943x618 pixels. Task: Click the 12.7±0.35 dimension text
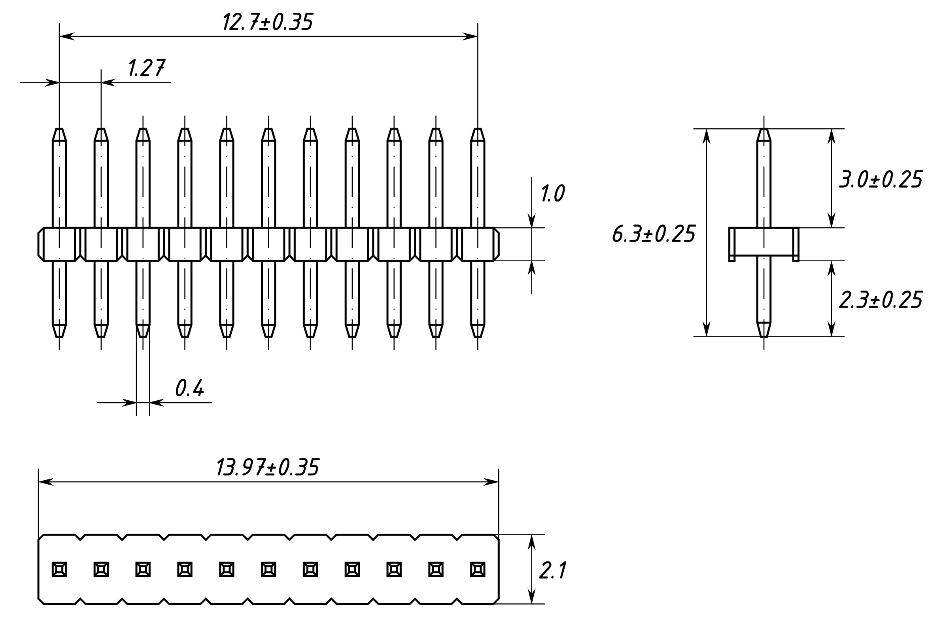pyautogui.click(x=267, y=22)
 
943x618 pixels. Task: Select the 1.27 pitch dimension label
pyautogui.click(x=147, y=68)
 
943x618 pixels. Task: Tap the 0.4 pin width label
pyautogui.click(x=189, y=388)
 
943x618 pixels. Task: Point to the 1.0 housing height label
pyautogui.click(x=552, y=194)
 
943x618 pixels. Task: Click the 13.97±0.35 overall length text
pyautogui.click(x=267, y=468)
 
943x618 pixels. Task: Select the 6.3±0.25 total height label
pyautogui.click(x=653, y=234)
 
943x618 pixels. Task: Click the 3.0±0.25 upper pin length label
pyautogui.click(x=881, y=180)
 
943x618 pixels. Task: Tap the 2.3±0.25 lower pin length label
pyautogui.click(x=881, y=300)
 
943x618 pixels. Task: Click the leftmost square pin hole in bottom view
pyautogui.click(x=59, y=570)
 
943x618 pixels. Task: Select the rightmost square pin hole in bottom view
pyautogui.click(x=478, y=570)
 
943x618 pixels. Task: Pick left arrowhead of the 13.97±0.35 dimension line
pyautogui.click(x=45, y=482)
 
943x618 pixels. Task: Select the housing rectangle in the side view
pyautogui.click(x=763, y=241)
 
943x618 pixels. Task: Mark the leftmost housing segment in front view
pyautogui.click(x=59, y=244)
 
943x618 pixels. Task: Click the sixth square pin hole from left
pyautogui.click(x=268, y=570)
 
